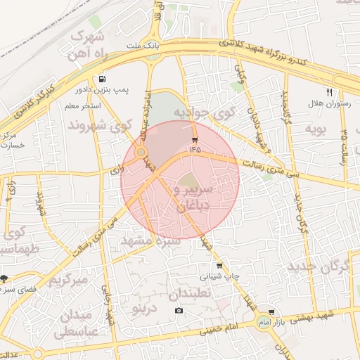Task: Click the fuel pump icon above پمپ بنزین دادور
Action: pyautogui.click(x=103, y=79)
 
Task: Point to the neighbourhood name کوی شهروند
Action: pyautogui.click(x=99, y=126)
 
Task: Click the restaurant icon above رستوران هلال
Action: pyautogui.click(x=328, y=92)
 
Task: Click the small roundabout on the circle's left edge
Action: pyautogui.click(x=141, y=152)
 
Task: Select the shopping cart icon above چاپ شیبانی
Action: pyautogui.click(x=220, y=266)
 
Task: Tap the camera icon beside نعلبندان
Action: pyautogui.click(x=179, y=311)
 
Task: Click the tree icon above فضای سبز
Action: pyautogui.click(x=4, y=278)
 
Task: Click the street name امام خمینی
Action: pyautogui.click(x=218, y=326)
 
